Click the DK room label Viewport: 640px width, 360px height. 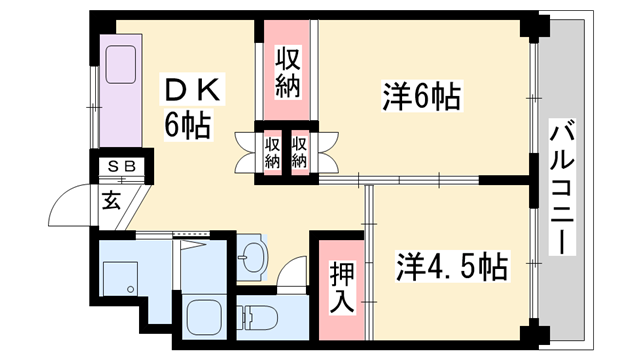pyautogui.click(x=196, y=91)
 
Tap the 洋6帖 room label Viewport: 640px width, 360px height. pyautogui.click(x=421, y=97)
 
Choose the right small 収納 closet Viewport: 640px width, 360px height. pyautogui.click(x=299, y=152)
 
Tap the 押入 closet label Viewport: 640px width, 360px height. pyautogui.click(x=340, y=285)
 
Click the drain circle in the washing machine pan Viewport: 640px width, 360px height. pyautogui.click(x=131, y=290)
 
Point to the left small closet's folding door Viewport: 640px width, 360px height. pyautogui.click(x=245, y=151)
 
